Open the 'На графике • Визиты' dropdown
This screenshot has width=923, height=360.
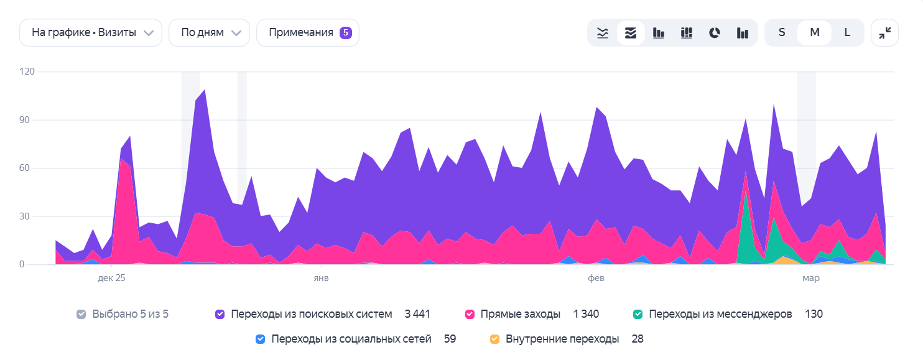(x=91, y=33)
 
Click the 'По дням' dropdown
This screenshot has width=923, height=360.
(x=209, y=33)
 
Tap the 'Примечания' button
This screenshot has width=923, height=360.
(x=307, y=33)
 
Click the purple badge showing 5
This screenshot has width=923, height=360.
(x=346, y=33)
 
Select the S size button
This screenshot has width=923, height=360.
(x=782, y=33)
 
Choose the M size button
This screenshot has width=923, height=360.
(x=814, y=33)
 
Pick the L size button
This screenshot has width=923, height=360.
(x=847, y=33)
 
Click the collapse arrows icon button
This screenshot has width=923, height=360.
(x=884, y=33)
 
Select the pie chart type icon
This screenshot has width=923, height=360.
(x=715, y=33)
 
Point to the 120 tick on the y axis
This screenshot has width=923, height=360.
(x=27, y=72)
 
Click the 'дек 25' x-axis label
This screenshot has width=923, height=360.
(x=112, y=279)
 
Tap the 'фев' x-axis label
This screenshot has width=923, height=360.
(x=596, y=279)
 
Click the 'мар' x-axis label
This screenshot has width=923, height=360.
(x=810, y=279)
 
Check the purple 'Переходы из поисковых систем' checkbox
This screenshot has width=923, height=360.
(x=220, y=315)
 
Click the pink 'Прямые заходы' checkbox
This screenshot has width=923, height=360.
(x=470, y=315)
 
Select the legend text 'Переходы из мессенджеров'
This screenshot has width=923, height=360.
(x=720, y=315)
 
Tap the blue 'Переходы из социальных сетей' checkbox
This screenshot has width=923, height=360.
(x=261, y=339)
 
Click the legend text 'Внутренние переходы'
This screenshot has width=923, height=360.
(x=562, y=339)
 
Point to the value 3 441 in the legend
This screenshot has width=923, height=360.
(x=417, y=315)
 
